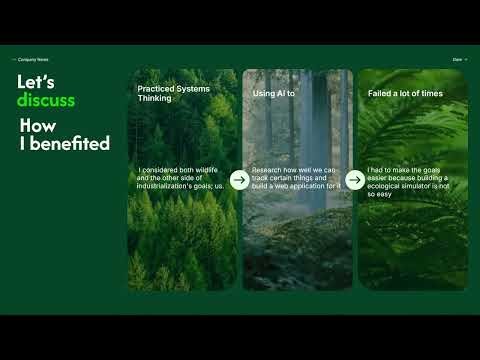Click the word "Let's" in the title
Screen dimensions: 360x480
tap(36, 82)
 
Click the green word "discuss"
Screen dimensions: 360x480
tap(46, 101)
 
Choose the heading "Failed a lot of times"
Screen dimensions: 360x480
tap(405, 93)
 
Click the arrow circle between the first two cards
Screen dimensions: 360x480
tap(239, 180)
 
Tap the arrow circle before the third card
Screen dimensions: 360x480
tap(354, 180)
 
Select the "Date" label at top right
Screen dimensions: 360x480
tap(457, 60)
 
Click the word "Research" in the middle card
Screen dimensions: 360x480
tap(267, 171)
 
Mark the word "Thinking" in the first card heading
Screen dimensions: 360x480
tap(155, 99)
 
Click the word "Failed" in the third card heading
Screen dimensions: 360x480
tap(380, 93)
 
